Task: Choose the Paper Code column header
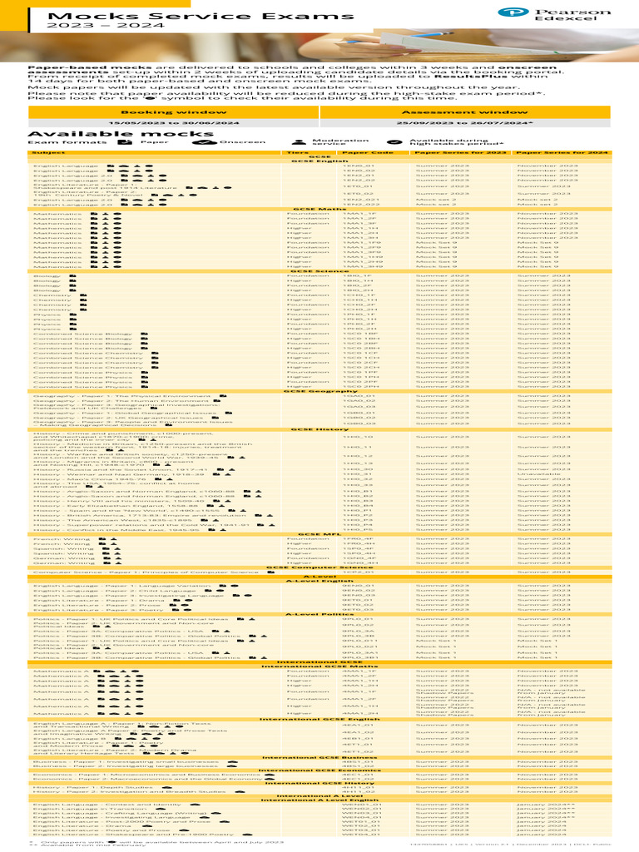click(367, 153)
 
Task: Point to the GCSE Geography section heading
click(319, 391)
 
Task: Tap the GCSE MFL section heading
click(319, 534)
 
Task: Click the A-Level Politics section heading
click(319, 615)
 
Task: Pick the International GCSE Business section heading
click(319, 757)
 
